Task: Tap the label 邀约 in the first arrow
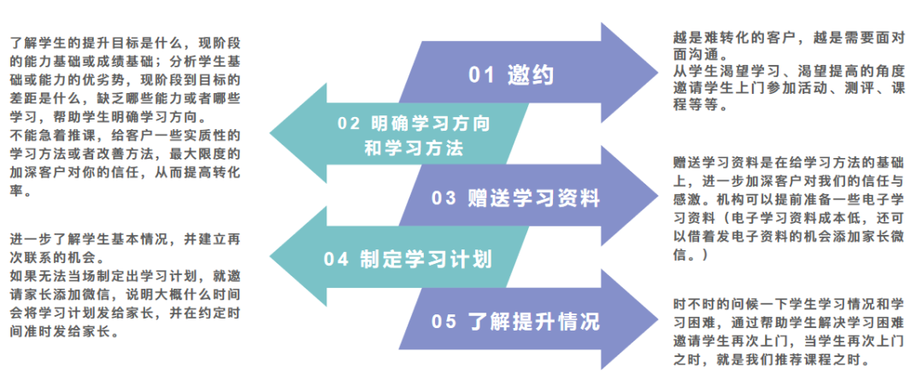point(530,74)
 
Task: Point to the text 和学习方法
point(413,149)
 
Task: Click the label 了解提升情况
point(534,321)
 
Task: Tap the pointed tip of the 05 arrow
point(656,321)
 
